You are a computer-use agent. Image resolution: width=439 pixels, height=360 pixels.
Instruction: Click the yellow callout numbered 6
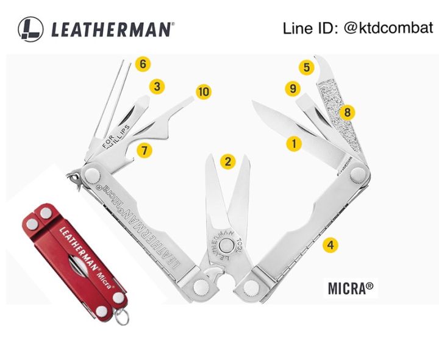[x=143, y=64]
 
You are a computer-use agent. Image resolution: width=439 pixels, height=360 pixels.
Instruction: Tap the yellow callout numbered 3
[x=157, y=86]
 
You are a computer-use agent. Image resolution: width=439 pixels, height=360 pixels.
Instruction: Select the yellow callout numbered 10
[x=203, y=92]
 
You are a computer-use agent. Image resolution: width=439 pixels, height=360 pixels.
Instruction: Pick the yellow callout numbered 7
[x=144, y=150]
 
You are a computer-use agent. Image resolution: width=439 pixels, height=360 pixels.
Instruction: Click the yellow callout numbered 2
[x=227, y=161]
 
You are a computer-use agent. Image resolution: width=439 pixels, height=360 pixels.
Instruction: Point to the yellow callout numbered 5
[x=307, y=67]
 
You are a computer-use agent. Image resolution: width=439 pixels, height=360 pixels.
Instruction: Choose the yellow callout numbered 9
[x=293, y=89]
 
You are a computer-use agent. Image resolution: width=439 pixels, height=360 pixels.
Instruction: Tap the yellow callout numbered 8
[x=347, y=112]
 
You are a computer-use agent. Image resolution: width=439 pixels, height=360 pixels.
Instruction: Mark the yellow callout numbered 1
[x=294, y=144]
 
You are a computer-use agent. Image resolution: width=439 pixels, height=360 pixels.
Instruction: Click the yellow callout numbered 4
[x=330, y=245]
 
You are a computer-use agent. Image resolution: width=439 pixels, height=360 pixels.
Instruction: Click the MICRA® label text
[x=351, y=288]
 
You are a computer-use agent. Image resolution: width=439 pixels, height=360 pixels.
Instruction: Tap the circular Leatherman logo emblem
[x=30, y=29]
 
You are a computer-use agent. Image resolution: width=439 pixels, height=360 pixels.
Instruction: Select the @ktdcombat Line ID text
[x=358, y=28]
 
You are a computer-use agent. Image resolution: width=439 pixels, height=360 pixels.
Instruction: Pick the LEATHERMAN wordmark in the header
[x=112, y=29]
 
